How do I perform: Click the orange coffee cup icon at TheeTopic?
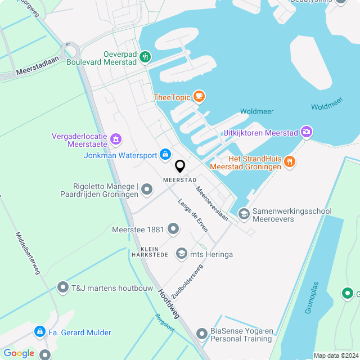199,97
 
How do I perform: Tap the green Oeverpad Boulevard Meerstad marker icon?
145,56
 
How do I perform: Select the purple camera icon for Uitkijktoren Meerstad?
306,132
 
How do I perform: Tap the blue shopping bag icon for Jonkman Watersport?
165,154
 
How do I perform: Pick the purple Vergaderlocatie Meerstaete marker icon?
116,138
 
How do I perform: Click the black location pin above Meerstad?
180,166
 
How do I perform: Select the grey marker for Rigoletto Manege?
146,189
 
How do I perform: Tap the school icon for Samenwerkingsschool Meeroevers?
244,214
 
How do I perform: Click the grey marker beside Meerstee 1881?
173,229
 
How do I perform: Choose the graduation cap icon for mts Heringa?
182,254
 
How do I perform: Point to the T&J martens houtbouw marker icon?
62,287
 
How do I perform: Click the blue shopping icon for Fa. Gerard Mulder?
39,332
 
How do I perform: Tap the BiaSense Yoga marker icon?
201,335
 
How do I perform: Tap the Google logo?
19,353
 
